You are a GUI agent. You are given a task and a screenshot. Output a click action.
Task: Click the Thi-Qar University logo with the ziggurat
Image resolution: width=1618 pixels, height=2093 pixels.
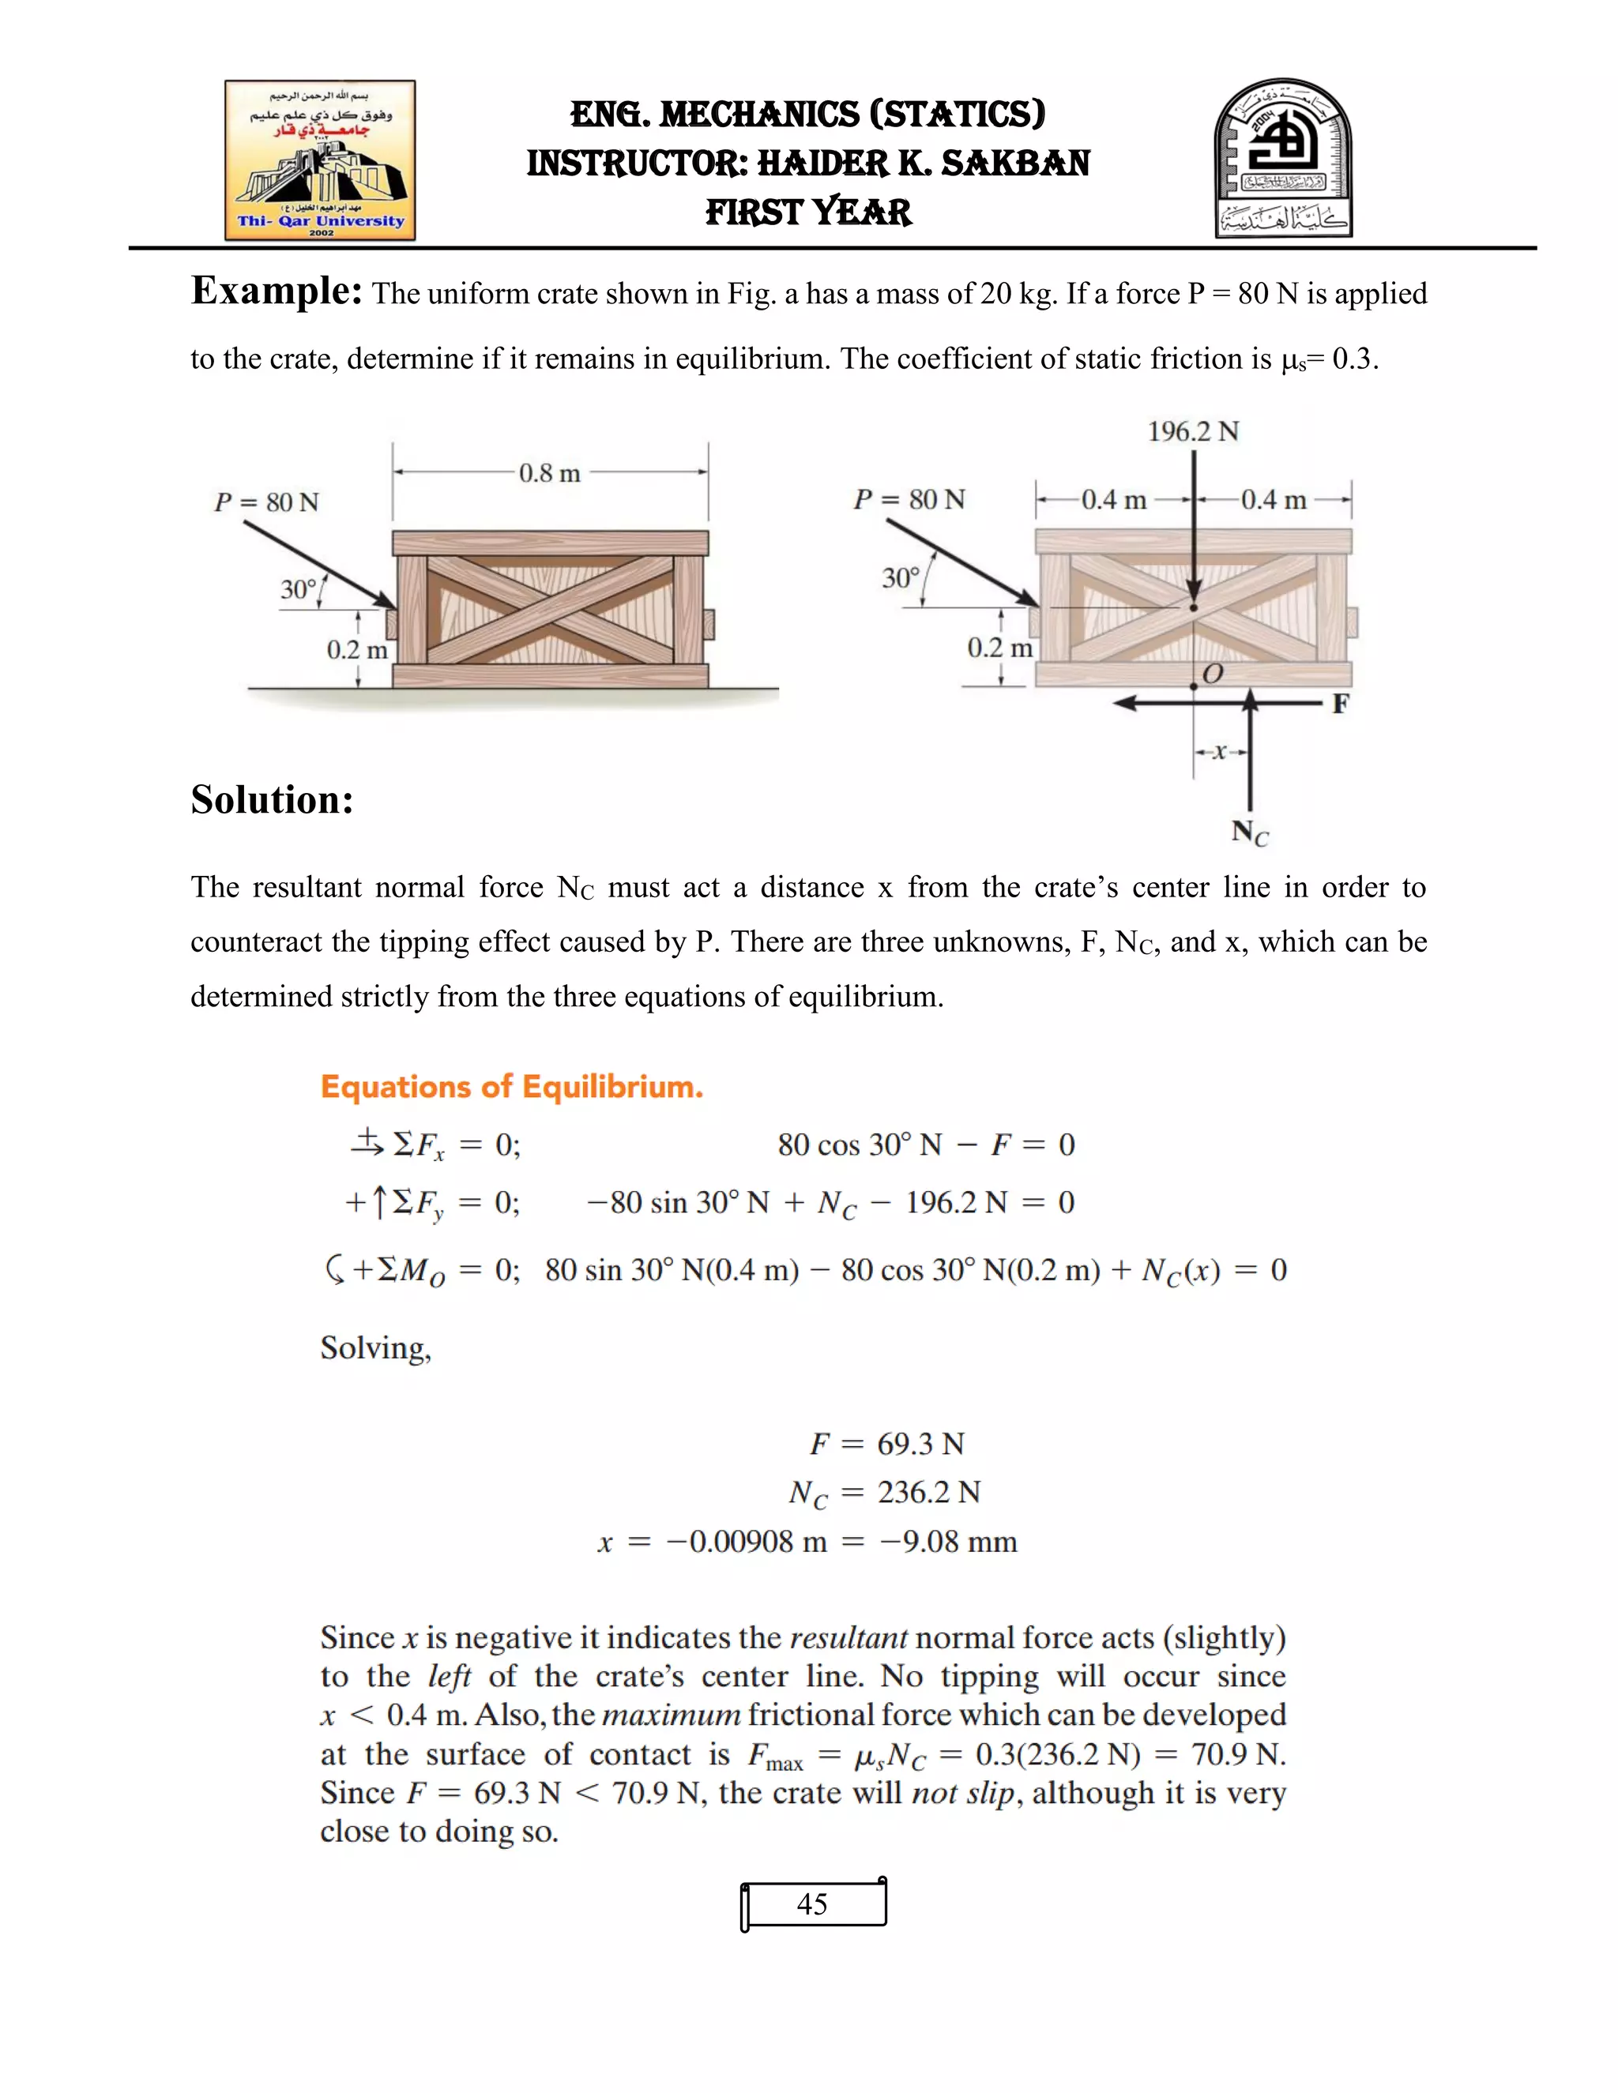point(320,160)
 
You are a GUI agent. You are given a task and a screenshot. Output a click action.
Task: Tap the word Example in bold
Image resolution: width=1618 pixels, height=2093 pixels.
point(276,291)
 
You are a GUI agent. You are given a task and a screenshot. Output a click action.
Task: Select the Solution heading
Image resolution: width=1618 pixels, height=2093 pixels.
point(273,800)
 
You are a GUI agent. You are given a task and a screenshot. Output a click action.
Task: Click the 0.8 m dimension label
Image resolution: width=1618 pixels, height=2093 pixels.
point(549,473)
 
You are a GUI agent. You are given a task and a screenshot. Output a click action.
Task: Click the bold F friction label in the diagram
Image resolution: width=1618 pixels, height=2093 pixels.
point(1340,705)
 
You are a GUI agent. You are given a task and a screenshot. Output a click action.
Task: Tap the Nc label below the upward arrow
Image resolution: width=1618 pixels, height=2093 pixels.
point(1249,832)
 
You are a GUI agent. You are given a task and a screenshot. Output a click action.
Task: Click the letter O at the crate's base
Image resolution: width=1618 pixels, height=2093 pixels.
point(1213,674)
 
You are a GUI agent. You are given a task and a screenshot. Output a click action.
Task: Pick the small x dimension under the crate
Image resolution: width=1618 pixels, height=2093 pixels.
point(1219,752)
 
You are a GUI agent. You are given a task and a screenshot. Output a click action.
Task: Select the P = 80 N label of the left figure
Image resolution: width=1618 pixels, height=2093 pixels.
point(266,502)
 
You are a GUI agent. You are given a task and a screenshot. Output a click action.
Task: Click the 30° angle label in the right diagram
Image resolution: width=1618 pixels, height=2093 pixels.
point(900,578)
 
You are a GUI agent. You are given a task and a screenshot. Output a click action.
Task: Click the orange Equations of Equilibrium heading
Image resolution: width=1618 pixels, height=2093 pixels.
point(511,1087)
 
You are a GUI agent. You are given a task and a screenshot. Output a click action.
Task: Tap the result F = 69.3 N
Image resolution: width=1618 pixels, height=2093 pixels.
point(886,1443)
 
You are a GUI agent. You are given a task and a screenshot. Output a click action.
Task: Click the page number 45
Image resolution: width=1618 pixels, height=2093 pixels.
point(812,1903)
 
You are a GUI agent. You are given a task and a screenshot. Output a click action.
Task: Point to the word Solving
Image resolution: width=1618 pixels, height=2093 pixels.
point(376,1348)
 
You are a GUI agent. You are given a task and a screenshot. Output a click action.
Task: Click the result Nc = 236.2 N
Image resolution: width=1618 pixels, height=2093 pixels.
point(884,1493)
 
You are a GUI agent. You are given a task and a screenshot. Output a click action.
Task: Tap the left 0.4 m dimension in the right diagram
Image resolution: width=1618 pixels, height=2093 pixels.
point(1113,500)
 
